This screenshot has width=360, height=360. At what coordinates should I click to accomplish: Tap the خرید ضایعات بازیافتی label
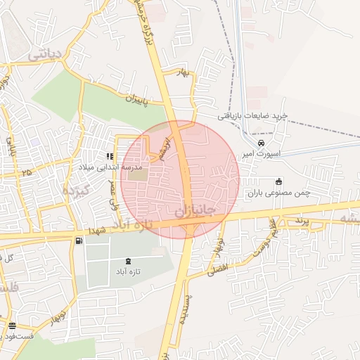point(262,115)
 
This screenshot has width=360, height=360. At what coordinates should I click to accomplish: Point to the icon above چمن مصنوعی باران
point(279,180)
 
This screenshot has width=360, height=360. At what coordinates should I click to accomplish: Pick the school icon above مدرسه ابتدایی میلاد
point(109,156)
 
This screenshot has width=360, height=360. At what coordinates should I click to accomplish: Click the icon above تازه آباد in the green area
point(127,260)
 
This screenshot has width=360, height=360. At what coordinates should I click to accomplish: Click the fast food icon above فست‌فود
point(13,325)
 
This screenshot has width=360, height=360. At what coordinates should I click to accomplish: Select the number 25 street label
point(27,172)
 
